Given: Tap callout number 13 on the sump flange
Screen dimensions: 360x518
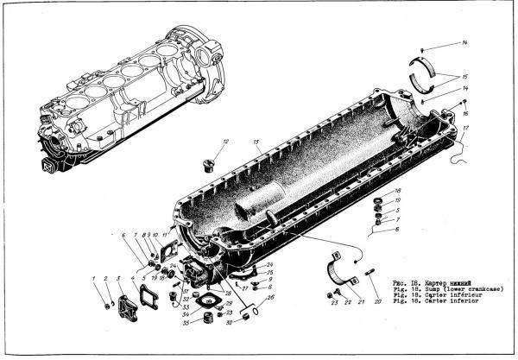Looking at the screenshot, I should (x=256, y=141).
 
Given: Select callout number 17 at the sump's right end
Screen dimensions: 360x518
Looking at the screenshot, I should (x=464, y=129).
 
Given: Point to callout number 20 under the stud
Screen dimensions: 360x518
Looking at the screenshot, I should (x=377, y=304).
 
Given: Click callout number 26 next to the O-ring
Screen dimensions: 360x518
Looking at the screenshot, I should (x=270, y=299).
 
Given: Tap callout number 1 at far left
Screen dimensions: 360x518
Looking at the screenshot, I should (x=93, y=277).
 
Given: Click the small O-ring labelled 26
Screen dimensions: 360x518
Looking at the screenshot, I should (x=255, y=308).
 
